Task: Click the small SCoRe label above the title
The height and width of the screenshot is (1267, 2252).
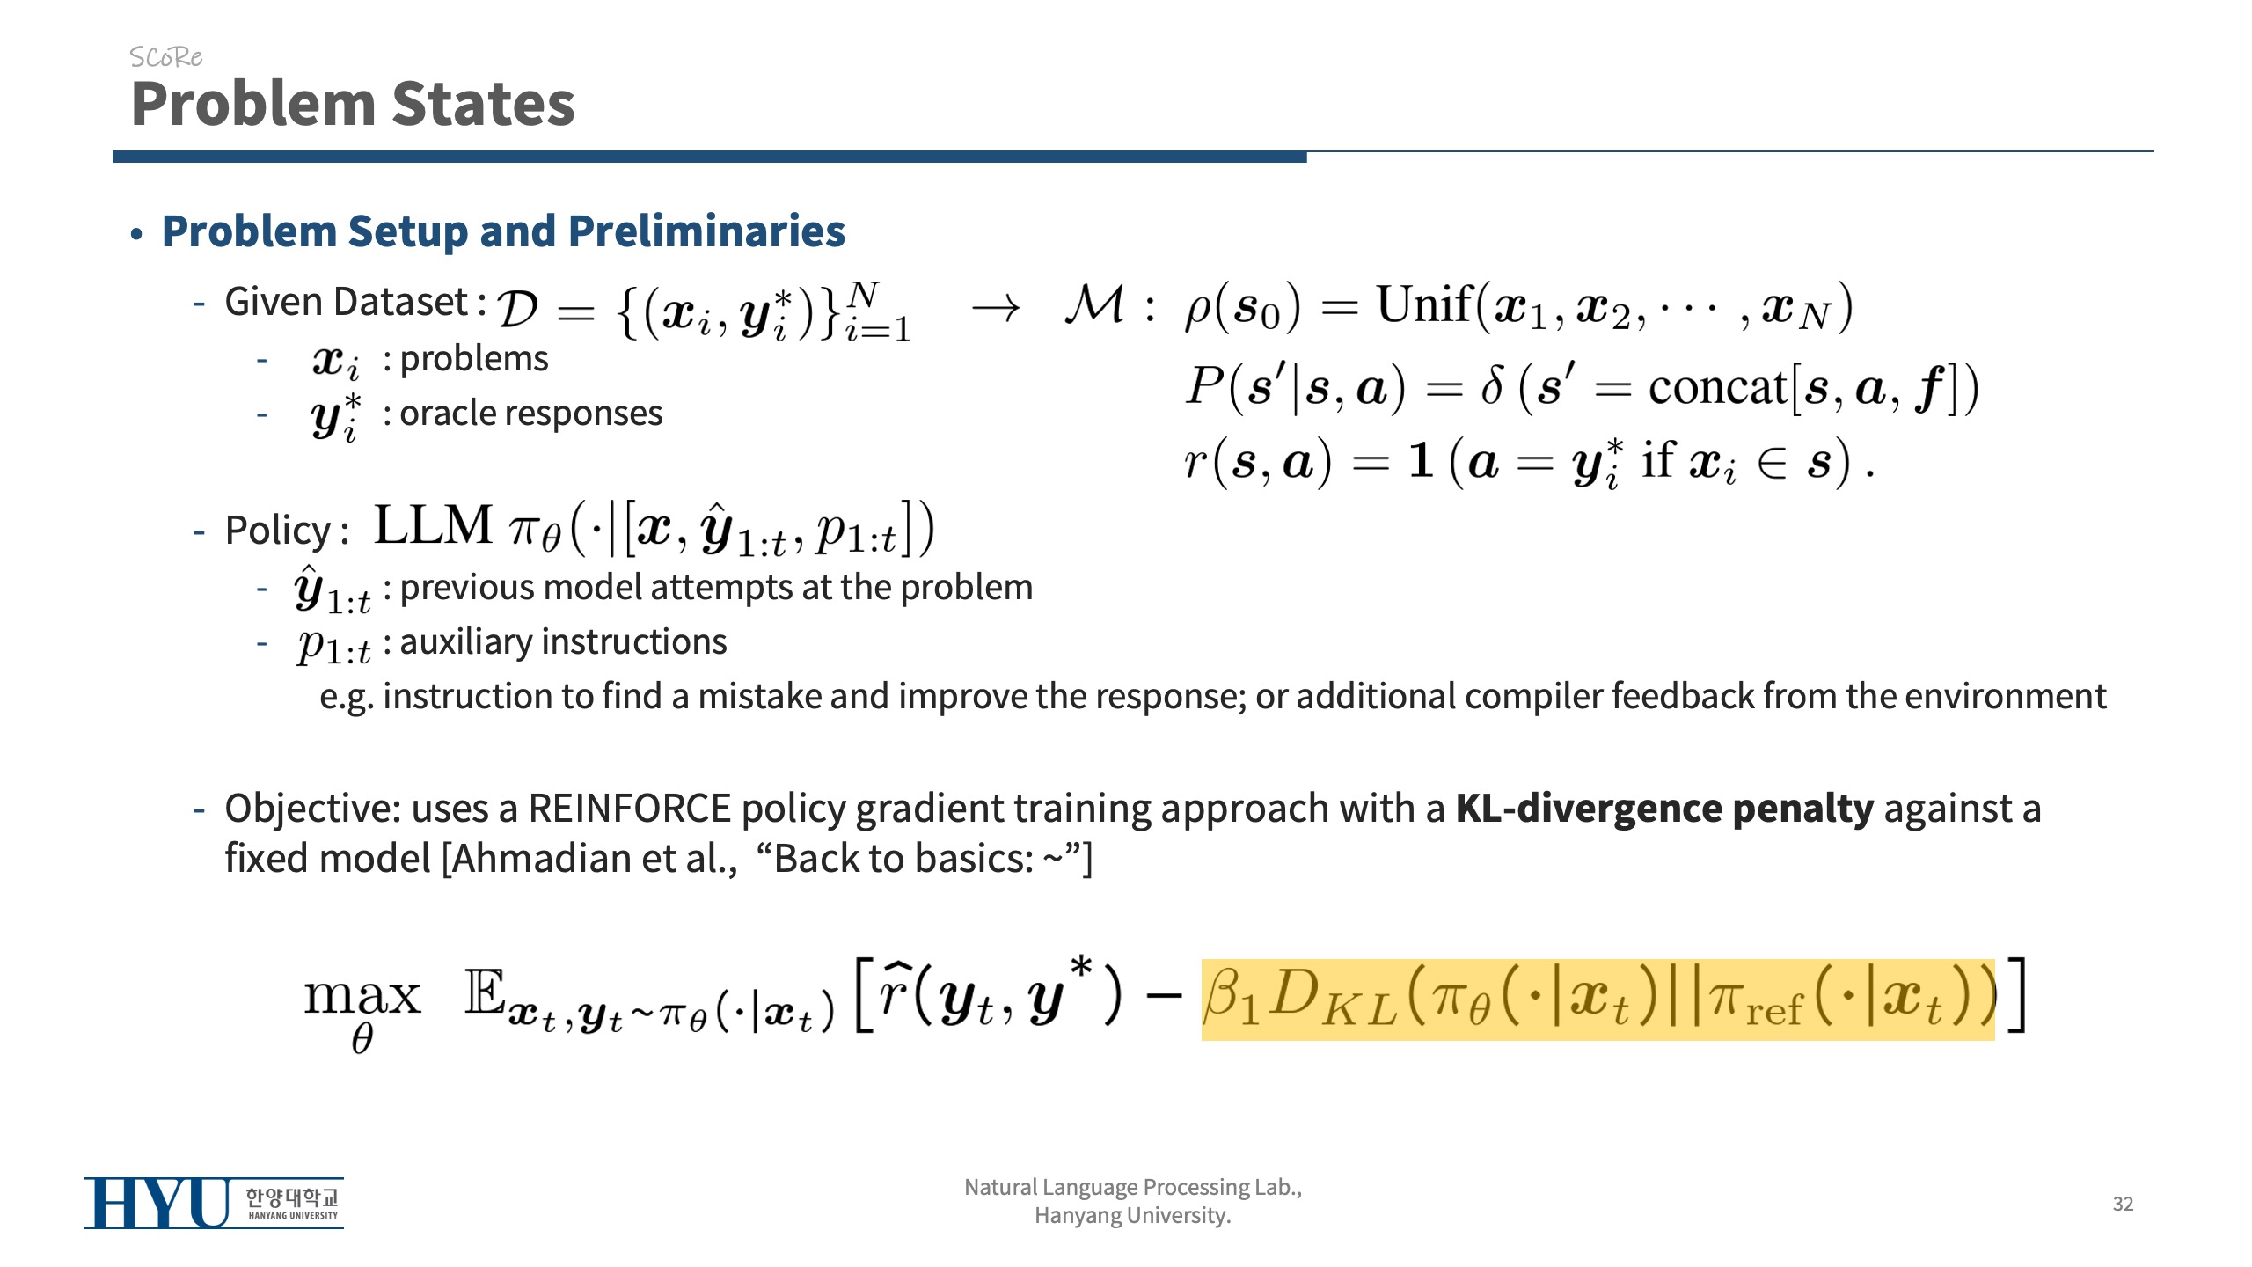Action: (x=165, y=57)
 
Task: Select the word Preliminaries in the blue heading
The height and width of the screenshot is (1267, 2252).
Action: (x=706, y=231)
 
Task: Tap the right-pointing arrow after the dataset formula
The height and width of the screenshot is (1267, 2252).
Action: (x=996, y=308)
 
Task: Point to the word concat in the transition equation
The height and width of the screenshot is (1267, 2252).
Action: (x=1718, y=387)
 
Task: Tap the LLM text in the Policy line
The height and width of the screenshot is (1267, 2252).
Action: (x=433, y=525)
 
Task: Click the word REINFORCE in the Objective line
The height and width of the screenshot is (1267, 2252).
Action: (x=630, y=809)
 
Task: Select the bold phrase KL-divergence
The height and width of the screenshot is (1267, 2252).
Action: (x=1589, y=809)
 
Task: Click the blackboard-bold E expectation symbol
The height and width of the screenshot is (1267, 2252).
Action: (x=485, y=992)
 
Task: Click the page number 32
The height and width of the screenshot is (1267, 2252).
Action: (x=2123, y=1204)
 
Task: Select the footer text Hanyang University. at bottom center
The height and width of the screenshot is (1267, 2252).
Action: (x=1132, y=1216)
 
